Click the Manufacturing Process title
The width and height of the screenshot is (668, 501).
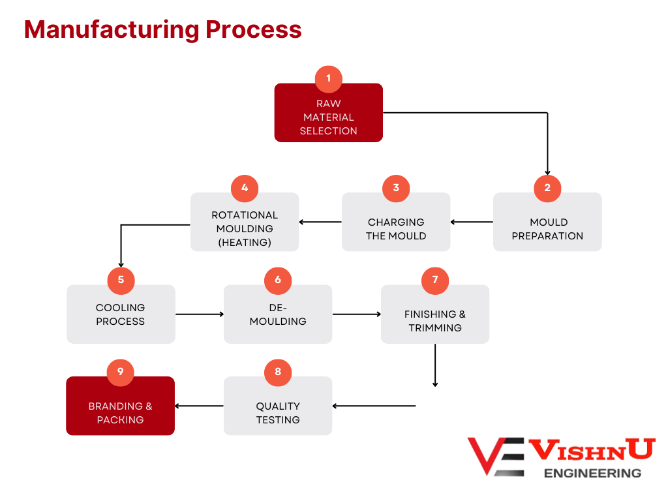coord(162,30)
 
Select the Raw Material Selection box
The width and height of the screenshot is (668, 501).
coord(328,117)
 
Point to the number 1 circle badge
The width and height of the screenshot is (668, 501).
coord(328,78)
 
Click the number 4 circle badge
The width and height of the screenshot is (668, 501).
coord(245,188)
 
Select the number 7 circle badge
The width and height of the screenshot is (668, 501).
coord(435,281)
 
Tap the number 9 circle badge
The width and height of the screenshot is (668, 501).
coord(121,372)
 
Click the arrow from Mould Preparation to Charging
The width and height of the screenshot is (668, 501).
coord(472,222)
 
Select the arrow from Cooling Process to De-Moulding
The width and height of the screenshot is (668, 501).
coord(200,314)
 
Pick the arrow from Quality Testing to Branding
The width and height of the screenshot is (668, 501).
coord(200,406)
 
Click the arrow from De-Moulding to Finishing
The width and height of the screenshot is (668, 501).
coord(357,314)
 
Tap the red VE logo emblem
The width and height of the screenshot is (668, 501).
coord(496,455)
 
